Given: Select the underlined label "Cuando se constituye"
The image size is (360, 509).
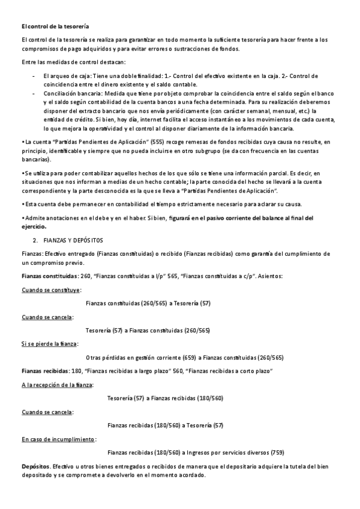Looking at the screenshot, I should point(51,289).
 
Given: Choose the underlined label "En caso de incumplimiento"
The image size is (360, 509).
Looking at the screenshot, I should point(58,439).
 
